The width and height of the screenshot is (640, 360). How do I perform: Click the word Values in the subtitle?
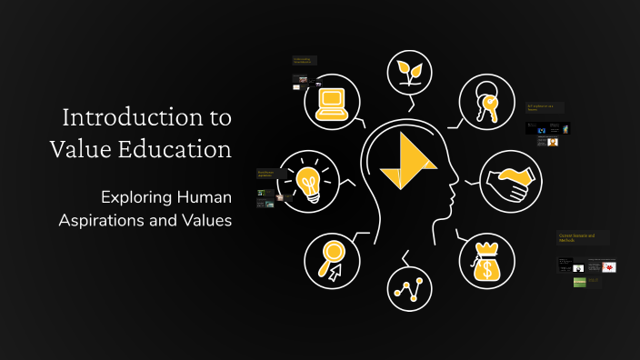click(x=206, y=220)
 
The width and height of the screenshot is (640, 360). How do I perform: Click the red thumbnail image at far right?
click(x=608, y=266)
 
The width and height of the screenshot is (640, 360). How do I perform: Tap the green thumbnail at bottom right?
click(x=579, y=282)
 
